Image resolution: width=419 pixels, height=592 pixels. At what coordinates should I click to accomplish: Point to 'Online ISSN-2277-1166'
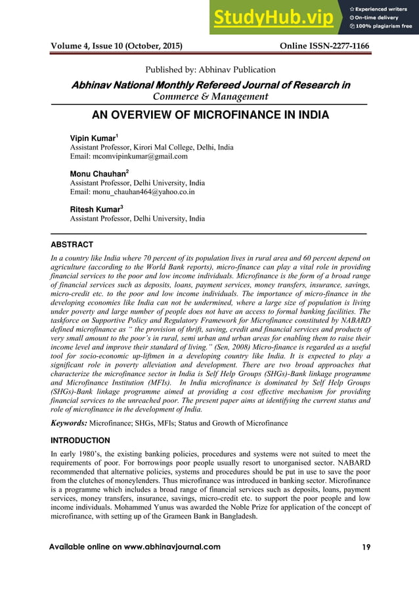click(x=324, y=47)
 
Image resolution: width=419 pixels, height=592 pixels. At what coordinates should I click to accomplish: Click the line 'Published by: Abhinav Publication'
click(x=209, y=69)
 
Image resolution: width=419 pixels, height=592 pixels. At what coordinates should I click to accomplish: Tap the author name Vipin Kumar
click(x=93, y=138)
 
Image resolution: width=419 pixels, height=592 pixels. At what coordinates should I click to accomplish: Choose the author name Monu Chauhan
click(x=97, y=174)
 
